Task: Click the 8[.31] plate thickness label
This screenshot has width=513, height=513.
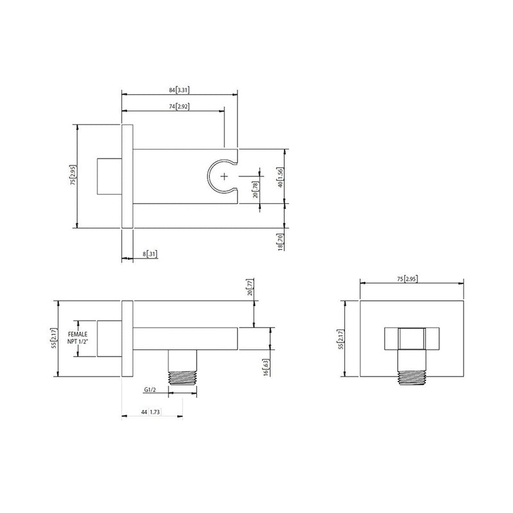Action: point(148,254)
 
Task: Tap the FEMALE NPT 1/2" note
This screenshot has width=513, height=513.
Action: point(77,338)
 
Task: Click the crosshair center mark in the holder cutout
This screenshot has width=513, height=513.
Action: point(224,176)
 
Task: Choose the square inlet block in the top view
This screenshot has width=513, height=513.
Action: point(108,175)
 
